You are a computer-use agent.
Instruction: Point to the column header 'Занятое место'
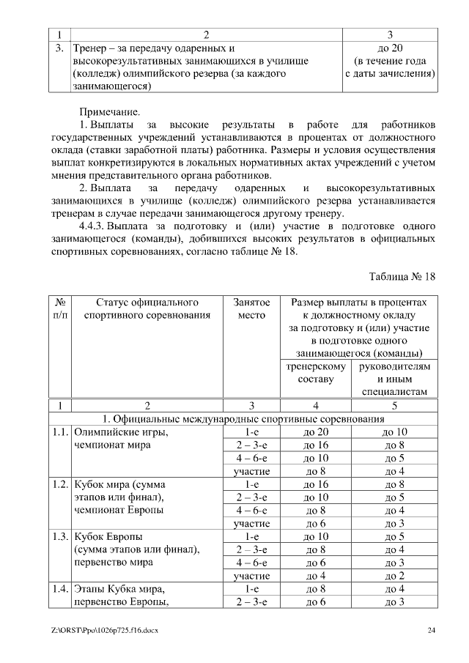click(251, 308)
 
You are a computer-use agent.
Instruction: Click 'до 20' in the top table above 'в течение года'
click(390, 48)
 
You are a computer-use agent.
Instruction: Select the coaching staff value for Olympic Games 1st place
click(315, 432)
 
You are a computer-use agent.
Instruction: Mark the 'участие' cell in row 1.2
click(251, 524)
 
